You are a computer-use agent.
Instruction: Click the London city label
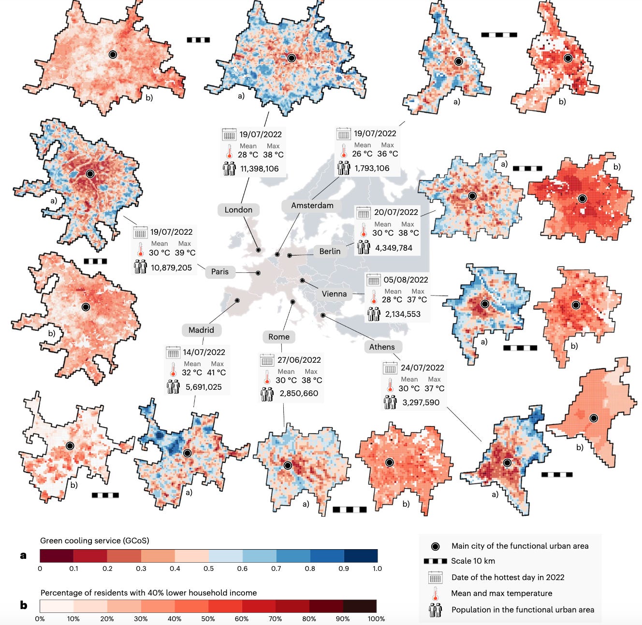click(238, 210)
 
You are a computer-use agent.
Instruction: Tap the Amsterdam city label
click(312, 205)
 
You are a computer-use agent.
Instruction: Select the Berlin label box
click(330, 251)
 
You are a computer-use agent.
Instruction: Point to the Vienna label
click(334, 294)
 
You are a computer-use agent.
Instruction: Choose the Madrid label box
click(201, 330)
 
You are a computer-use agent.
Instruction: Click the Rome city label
click(279, 337)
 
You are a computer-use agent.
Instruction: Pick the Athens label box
click(382, 347)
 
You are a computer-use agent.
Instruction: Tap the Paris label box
click(219, 271)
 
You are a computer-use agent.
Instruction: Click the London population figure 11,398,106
click(260, 169)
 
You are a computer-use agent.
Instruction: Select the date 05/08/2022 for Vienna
click(406, 280)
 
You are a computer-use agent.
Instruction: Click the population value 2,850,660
click(299, 393)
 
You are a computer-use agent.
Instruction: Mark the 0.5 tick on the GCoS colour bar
click(208, 568)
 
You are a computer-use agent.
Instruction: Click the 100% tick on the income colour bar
click(376, 619)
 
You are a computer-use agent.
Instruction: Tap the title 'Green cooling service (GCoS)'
click(95, 540)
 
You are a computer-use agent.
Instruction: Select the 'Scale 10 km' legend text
click(473, 561)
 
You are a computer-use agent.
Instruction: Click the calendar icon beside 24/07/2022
click(390, 368)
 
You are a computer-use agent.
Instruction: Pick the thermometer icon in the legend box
click(435, 594)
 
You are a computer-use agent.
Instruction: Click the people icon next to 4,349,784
click(363, 248)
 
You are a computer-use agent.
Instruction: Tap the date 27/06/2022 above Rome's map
click(299, 360)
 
